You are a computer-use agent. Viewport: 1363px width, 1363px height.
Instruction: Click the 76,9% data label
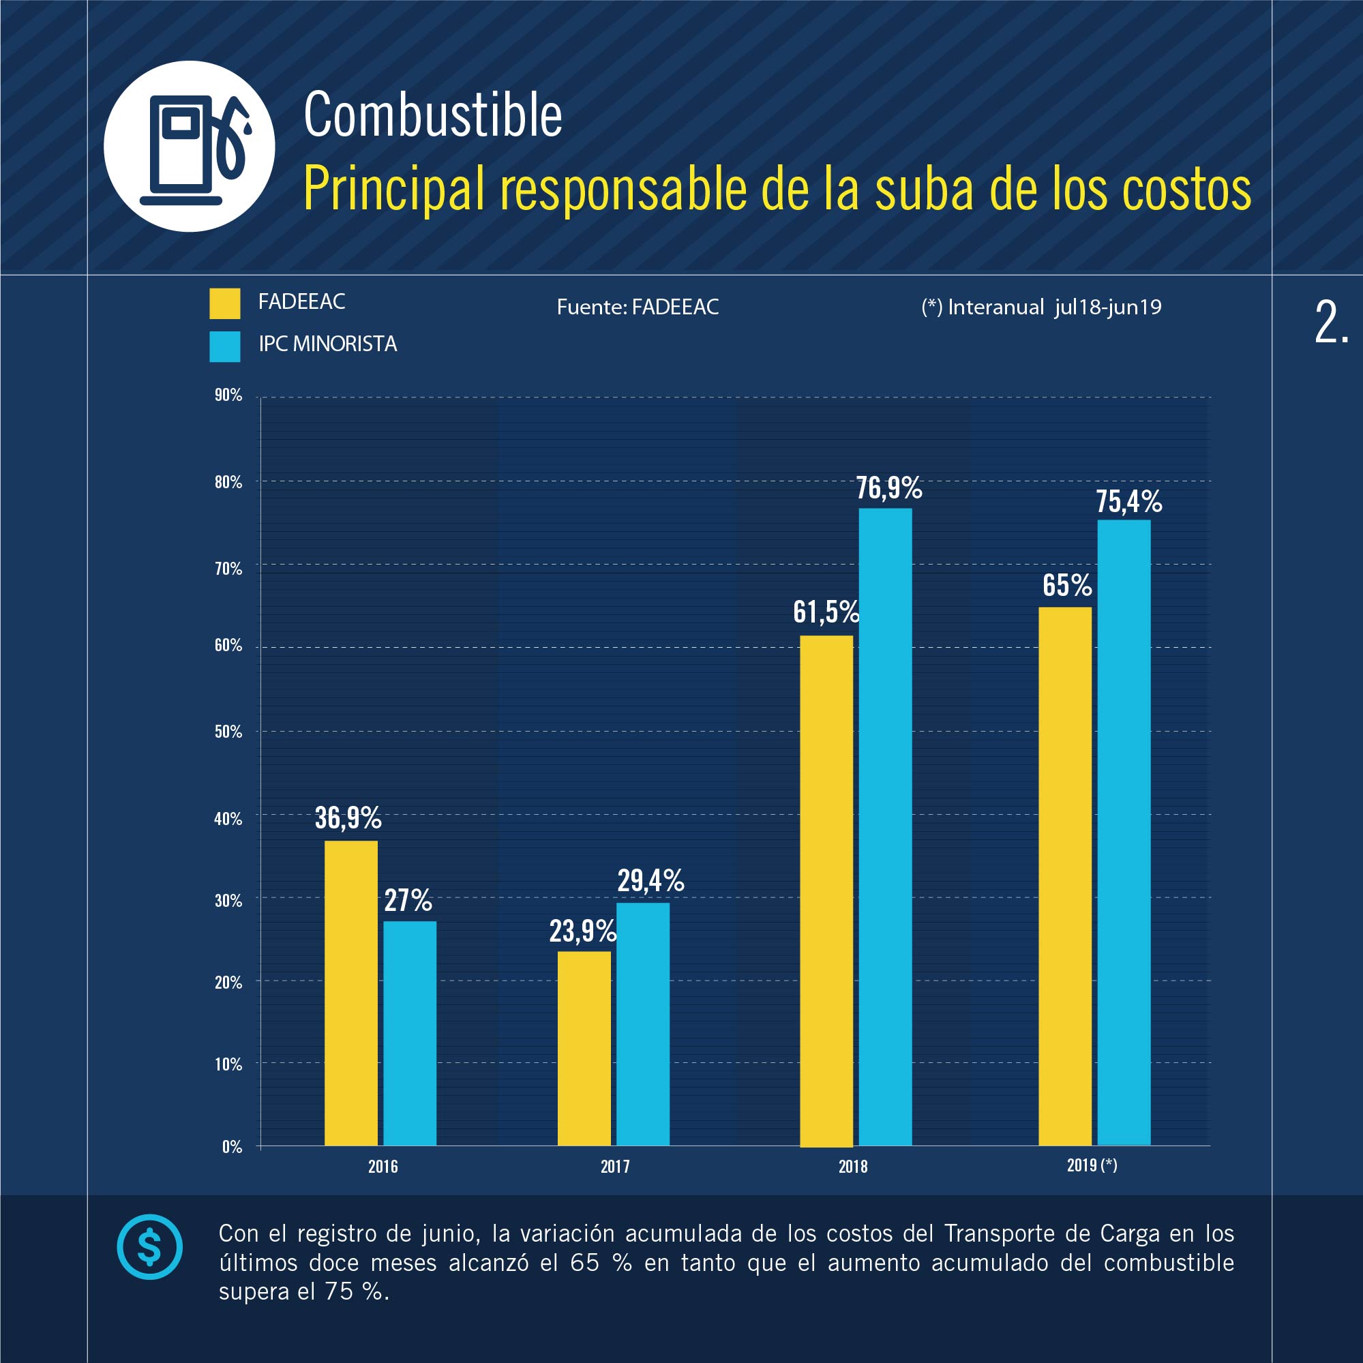pyautogui.click(x=889, y=488)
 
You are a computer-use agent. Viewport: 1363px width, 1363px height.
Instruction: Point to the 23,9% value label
pyautogui.click(x=583, y=931)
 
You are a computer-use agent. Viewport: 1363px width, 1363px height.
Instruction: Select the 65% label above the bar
pyautogui.click(x=1066, y=586)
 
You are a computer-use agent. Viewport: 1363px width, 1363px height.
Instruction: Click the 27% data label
pyautogui.click(x=408, y=901)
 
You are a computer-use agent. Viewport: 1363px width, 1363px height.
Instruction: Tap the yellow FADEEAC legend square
pyautogui.click(x=224, y=303)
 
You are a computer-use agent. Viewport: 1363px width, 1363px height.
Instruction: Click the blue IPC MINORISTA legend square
pyautogui.click(x=224, y=346)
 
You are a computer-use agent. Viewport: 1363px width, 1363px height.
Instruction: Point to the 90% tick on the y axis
pyautogui.click(x=228, y=395)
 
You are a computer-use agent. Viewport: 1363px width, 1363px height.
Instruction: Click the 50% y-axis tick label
pyautogui.click(x=228, y=732)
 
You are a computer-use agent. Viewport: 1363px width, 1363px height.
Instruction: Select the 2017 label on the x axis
pyautogui.click(x=615, y=1166)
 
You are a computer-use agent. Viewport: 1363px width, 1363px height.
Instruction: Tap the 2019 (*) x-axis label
pyautogui.click(x=1092, y=1165)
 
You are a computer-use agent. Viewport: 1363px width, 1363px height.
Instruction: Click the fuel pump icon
pyautogui.click(x=189, y=147)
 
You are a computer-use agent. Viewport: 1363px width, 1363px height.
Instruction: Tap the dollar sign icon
pyautogui.click(x=149, y=1246)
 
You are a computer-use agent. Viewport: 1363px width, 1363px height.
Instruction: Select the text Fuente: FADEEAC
pyautogui.click(x=638, y=307)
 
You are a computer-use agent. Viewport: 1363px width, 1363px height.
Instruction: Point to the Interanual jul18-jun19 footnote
pyautogui.click(x=1041, y=307)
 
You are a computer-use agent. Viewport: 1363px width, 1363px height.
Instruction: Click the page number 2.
pyautogui.click(x=1330, y=323)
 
